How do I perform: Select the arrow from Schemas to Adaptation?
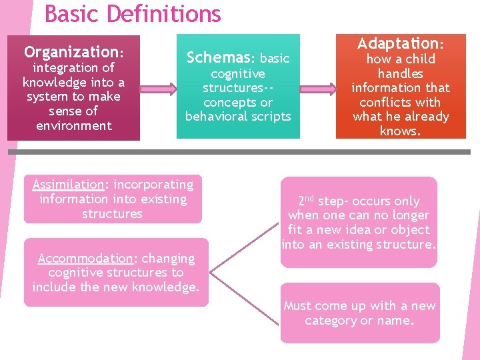[314, 87]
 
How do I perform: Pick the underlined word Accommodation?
[85, 258]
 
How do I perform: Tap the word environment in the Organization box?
[73, 125]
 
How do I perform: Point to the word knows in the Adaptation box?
[399, 131]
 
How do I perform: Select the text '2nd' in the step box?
[305, 200]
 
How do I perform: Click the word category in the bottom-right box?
[331, 321]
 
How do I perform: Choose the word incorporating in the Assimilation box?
[153, 185]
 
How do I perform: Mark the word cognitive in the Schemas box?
[238, 73]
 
